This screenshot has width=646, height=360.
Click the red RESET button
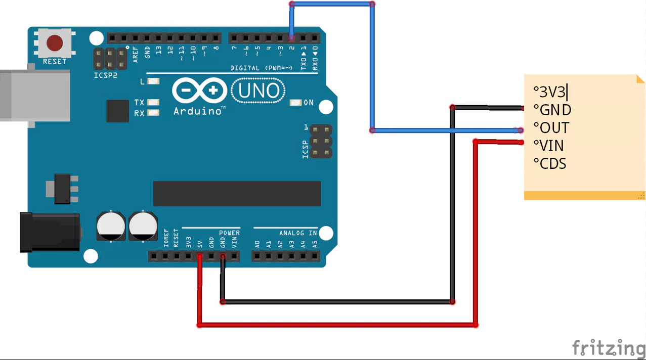click(x=55, y=43)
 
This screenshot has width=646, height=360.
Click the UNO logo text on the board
click(x=259, y=91)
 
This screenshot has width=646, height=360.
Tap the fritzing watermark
click(x=609, y=348)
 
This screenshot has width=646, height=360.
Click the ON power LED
click(x=295, y=103)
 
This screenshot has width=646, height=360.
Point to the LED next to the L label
click(x=153, y=81)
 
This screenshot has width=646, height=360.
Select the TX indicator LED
click(x=153, y=103)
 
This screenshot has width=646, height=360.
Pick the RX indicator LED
click(x=153, y=113)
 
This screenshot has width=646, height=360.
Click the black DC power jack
click(x=50, y=232)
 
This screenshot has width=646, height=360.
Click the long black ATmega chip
click(x=237, y=194)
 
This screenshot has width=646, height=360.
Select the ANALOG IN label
click(x=298, y=233)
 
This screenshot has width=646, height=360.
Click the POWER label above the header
click(x=229, y=233)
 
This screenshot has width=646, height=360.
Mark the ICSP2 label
click(x=106, y=75)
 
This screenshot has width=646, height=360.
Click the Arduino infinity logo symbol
click(x=199, y=92)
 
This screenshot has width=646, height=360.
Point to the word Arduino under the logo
click(x=199, y=111)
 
